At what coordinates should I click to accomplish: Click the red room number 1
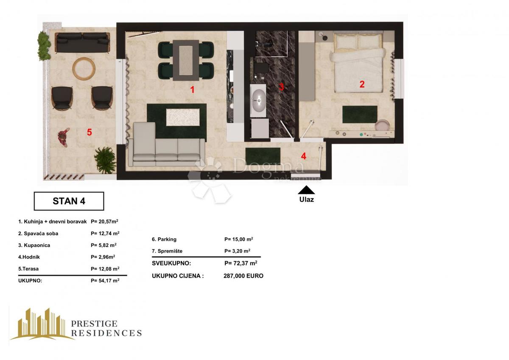coord(192,90)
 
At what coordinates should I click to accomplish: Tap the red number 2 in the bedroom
coord(362,84)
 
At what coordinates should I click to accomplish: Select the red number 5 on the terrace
coord(89,132)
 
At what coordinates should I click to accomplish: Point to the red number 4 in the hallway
coord(303,155)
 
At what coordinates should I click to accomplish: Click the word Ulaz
coord(306,199)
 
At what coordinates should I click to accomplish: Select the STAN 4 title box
coord(69,201)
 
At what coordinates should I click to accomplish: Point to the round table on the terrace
coord(84,68)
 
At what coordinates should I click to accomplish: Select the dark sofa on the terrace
coord(82,42)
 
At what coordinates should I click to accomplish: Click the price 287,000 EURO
coord(243,276)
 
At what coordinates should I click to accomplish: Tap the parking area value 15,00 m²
coord(238,239)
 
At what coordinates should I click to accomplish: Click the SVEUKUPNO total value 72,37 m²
coord(241,263)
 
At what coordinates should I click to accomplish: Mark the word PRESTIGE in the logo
coord(94,324)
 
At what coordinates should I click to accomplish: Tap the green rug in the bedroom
coord(360,114)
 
